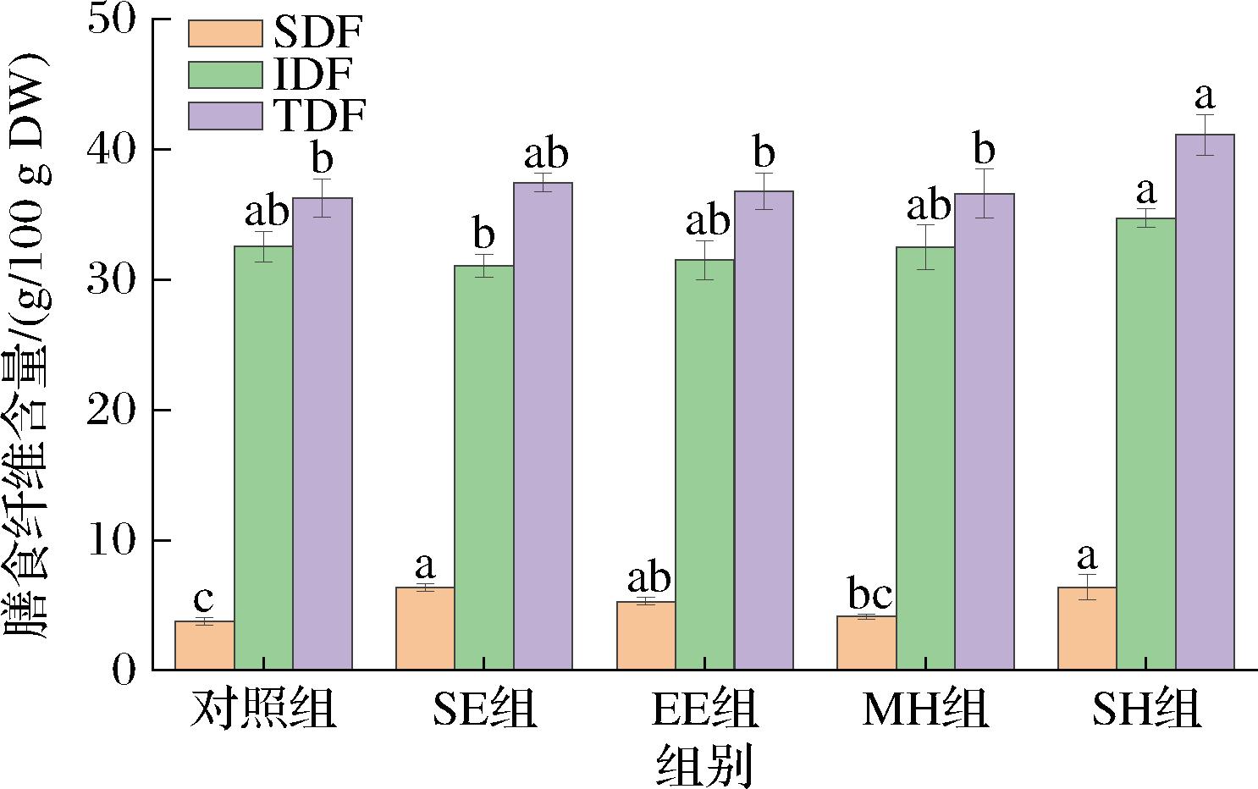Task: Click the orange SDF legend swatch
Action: [x=225, y=34]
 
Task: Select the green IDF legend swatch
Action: [x=225, y=74]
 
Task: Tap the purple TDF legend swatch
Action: [x=225, y=116]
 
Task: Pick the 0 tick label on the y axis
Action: [x=124, y=670]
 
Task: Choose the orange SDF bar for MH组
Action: [x=866, y=643]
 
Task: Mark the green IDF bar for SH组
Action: [x=1145, y=444]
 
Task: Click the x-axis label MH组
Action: [x=925, y=709]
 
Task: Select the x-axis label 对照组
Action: [x=263, y=709]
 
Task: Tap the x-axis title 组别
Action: [x=704, y=764]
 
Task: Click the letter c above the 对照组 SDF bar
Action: [x=203, y=598]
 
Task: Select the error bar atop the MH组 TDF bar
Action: [x=984, y=193]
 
